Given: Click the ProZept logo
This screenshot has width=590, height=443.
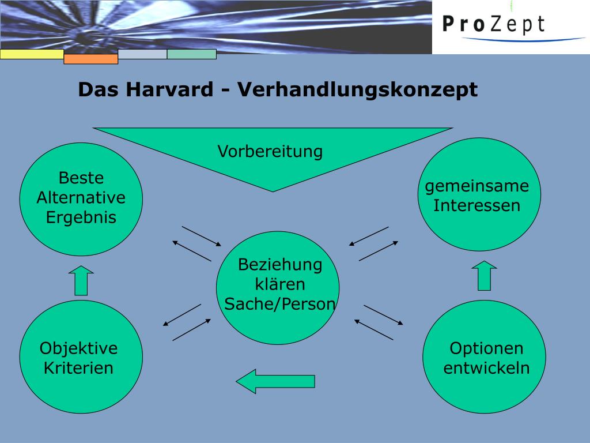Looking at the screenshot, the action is pos(494,25).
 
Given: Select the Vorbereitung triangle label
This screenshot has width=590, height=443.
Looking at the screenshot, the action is pos(270,152).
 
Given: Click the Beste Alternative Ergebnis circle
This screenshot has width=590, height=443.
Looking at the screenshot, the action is pos(81,199).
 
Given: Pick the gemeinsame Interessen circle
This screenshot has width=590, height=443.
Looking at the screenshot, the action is pos(479,194).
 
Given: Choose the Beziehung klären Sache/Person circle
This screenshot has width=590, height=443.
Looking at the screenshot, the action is pos(278,287).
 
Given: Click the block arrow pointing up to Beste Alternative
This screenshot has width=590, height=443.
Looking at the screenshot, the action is pos(81,280).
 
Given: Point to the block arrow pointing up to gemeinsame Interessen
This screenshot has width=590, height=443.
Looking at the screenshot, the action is pos(484,276).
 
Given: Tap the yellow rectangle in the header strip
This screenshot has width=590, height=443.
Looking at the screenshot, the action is pos(32,54).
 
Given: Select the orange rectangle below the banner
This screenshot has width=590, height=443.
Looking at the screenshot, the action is pos(90,59).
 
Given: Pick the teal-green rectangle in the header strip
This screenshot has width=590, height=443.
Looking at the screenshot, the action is pos(191,54).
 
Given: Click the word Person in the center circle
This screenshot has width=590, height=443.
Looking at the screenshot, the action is pos(310,305).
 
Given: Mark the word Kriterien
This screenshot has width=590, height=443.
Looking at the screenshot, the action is pos(79,368).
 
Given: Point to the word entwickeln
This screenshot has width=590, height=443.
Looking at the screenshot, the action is pos(486,368).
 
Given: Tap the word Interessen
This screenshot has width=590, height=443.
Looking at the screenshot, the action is pos(477,205).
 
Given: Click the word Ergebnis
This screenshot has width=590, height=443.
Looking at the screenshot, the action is pos(81,217).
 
